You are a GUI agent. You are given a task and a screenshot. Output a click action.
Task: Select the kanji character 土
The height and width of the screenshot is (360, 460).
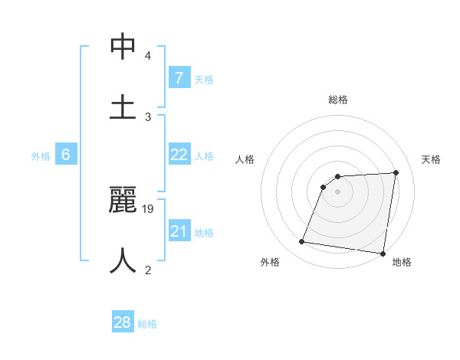tap(123, 107)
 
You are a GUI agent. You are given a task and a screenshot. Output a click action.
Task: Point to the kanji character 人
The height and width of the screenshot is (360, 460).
tap(123, 260)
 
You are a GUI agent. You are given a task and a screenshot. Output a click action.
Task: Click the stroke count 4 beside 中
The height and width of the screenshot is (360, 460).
tap(147, 57)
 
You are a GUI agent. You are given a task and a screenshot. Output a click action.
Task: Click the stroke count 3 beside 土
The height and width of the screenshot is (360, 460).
tap(148, 116)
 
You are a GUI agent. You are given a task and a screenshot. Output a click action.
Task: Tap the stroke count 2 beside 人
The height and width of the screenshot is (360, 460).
tap(147, 270)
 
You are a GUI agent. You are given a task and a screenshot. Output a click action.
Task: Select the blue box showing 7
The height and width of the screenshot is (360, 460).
tap(179, 77)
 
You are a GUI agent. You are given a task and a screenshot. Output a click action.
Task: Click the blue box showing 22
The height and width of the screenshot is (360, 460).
tap(179, 155)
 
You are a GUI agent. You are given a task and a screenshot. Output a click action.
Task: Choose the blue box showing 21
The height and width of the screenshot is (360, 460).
tap(179, 231)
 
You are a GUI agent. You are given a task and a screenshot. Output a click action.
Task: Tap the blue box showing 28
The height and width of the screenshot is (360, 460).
tap(123, 322)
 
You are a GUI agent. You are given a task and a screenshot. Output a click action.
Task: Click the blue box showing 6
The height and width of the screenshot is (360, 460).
tap(66, 155)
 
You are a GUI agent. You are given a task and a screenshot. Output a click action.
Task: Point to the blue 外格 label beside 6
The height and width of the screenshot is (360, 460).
tap(41, 156)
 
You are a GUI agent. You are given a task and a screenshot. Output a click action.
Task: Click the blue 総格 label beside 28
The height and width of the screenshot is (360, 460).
tap(147, 324)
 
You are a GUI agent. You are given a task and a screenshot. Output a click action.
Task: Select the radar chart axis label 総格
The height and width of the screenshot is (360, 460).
tap(338, 100)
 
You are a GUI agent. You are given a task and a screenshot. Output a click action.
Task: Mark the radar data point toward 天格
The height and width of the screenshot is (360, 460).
tap(396, 172)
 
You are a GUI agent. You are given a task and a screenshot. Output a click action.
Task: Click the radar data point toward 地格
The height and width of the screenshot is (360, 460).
tap(382, 254)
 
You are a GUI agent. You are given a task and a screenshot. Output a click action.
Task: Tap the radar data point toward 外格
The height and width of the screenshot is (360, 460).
tap(302, 242)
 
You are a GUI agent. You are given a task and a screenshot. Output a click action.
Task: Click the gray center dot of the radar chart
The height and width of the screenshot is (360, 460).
tap(338, 192)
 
